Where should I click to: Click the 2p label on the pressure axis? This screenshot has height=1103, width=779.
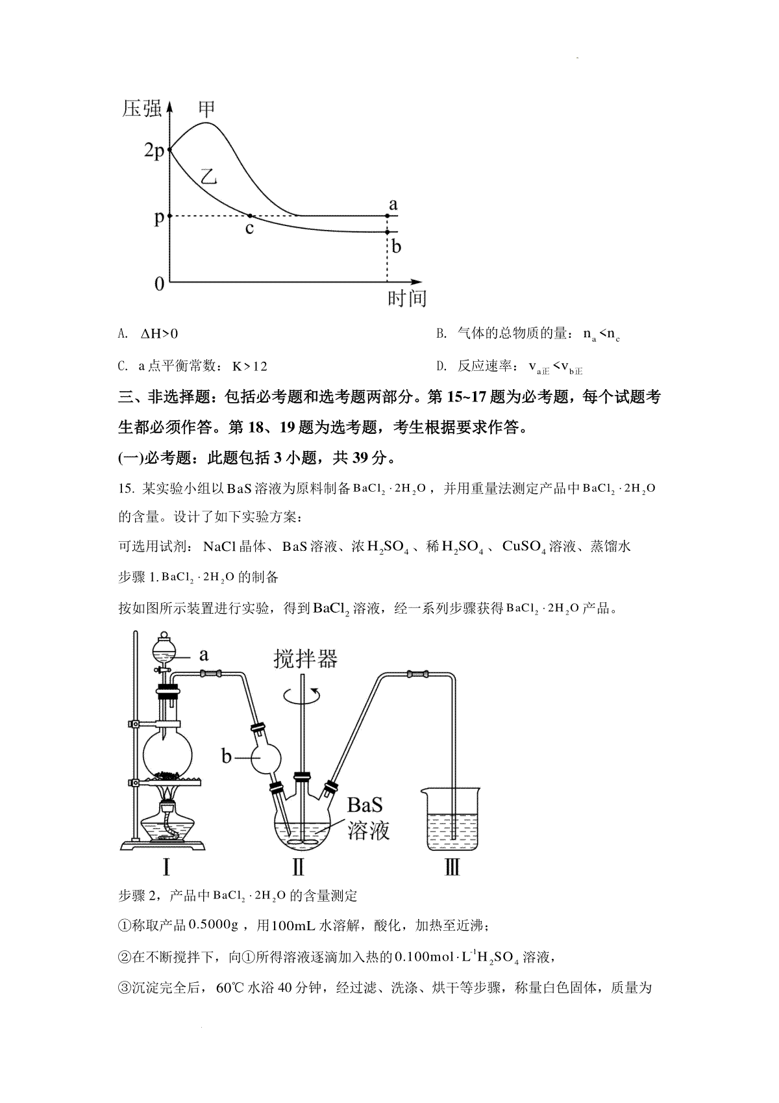[154, 151]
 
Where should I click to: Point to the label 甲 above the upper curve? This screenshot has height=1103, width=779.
[206, 108]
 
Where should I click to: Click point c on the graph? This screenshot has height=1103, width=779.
[251, 216]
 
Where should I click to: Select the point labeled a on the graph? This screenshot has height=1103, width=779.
[388, 215]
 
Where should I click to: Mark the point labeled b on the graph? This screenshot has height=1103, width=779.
[388, 232]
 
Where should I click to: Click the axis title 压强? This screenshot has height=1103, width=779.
[142, 108]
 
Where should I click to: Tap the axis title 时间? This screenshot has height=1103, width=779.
[407, 299]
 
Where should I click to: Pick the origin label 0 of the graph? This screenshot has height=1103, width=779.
[159, 284]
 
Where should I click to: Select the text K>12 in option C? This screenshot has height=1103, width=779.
[250, 366]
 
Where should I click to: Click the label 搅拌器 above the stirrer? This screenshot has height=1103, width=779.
[306, 659]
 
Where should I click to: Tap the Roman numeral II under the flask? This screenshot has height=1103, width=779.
[299, 867]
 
